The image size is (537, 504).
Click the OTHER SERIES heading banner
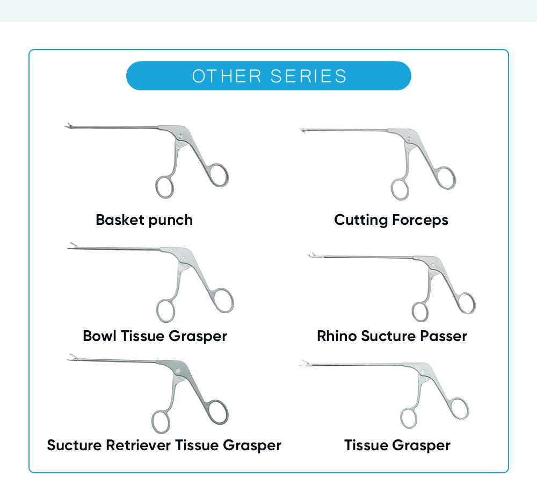tap(268, 76)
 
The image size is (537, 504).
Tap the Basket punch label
tap(144, 220)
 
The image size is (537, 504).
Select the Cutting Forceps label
tap(391, 220)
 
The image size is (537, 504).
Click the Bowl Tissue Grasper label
tap(155, 336)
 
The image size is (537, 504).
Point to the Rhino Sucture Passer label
tap(392, 336)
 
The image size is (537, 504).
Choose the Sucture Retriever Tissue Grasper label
tap(164, 445)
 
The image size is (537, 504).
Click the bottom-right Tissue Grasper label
tap(397, 445)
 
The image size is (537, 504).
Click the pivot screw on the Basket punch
tap(180, 137)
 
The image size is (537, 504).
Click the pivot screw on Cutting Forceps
tap(409, 139)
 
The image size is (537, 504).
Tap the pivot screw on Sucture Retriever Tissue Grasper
tap(178, 371)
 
